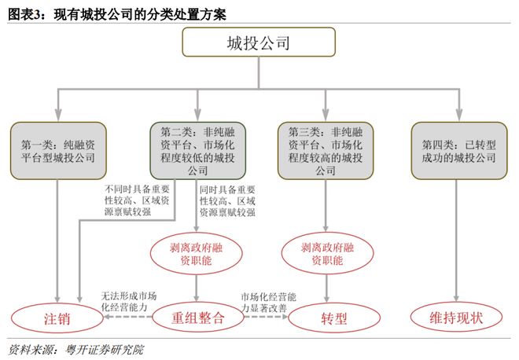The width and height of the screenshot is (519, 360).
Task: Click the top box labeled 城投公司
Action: [259, 42]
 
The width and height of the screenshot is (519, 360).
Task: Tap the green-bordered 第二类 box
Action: [197, 149]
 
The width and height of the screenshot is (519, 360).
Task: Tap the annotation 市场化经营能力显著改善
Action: [267, 303]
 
